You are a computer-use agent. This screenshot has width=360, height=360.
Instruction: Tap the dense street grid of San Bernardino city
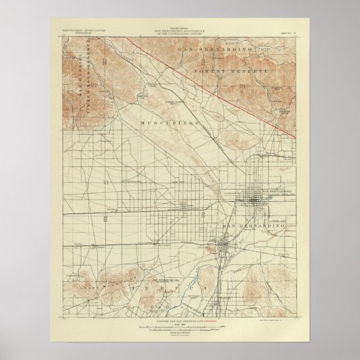[x=258, y=199]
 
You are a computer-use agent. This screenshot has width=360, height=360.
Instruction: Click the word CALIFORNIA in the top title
[x=180, y=29]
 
